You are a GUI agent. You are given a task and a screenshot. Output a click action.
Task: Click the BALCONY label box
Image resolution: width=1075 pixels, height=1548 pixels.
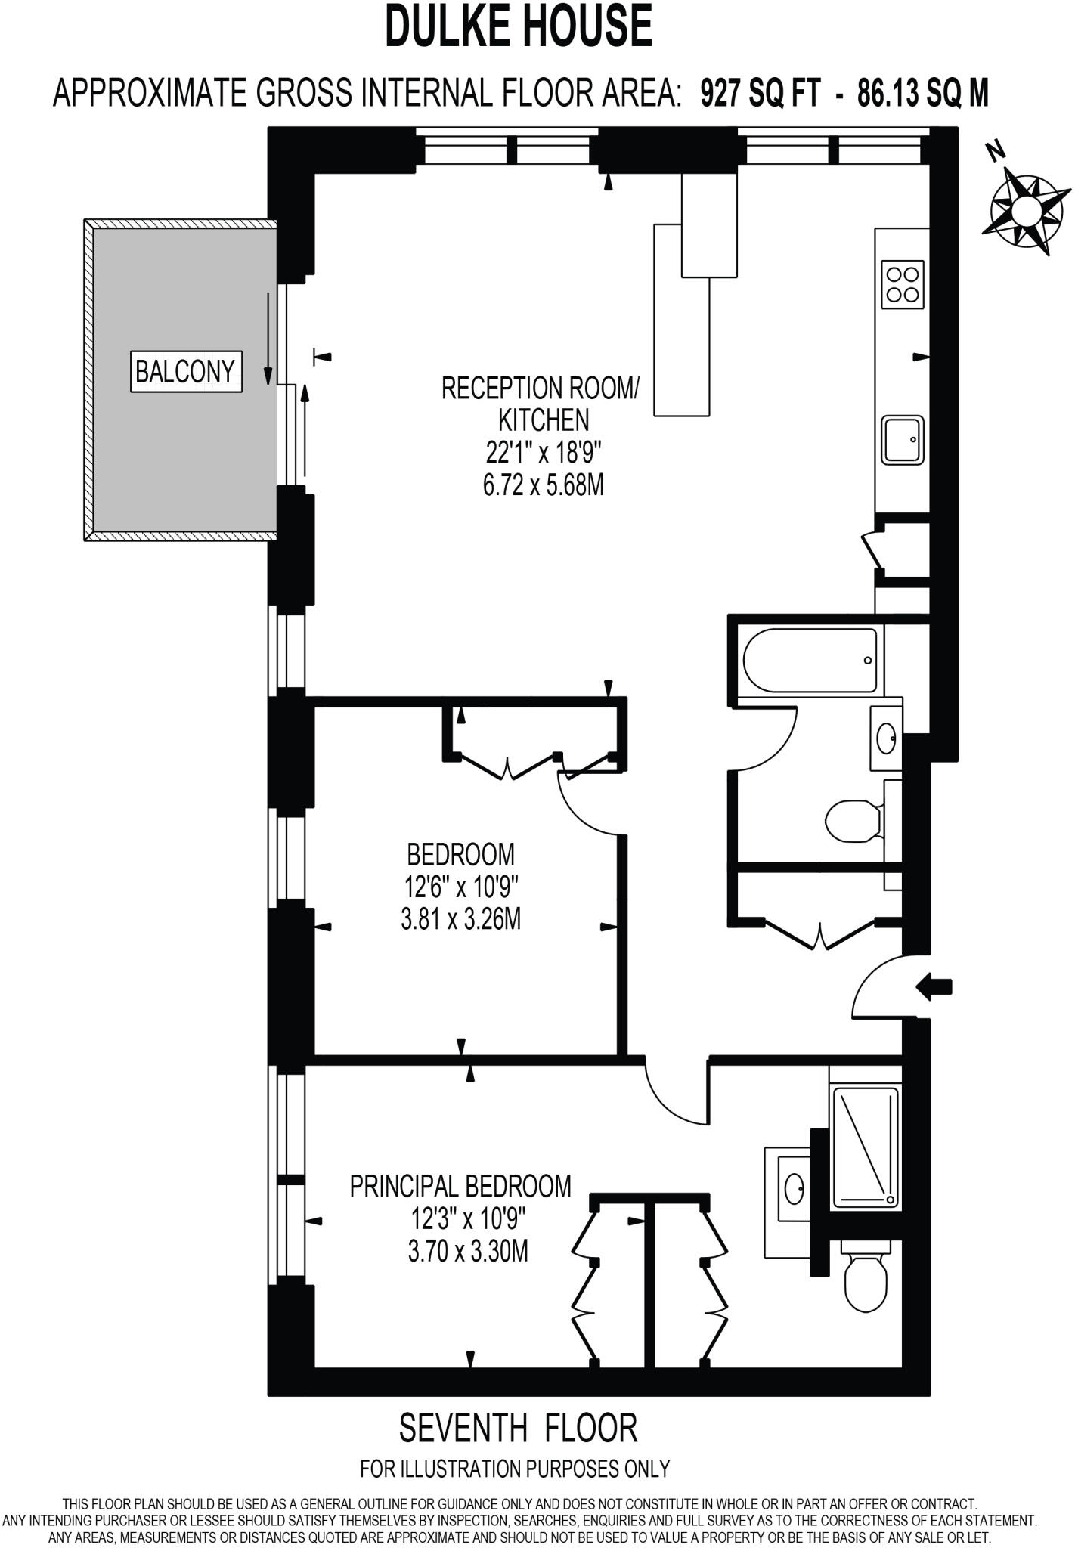[186, 371]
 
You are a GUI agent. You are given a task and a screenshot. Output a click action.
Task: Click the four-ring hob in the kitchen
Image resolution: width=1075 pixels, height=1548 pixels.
[903, 284]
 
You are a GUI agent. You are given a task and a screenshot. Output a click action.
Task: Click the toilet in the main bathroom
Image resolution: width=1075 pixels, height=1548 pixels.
[855, 820]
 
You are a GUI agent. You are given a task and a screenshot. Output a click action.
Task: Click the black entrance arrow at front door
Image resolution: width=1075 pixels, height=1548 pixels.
[934, 986]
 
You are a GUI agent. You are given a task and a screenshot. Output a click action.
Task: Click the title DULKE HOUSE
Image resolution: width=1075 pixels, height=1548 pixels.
[519, 26]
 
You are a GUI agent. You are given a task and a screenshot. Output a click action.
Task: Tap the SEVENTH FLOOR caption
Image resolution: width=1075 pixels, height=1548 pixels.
[519, 1428]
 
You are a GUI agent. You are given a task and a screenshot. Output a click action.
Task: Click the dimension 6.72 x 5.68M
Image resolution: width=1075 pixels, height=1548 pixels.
[543, 485]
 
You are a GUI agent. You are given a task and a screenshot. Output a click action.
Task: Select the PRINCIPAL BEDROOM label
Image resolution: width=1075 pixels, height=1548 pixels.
[460, 1186]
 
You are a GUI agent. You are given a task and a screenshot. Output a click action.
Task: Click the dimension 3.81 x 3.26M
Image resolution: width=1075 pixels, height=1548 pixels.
[460, 920]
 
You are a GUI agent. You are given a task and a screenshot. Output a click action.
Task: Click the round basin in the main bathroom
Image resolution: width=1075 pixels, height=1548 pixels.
[886, 736]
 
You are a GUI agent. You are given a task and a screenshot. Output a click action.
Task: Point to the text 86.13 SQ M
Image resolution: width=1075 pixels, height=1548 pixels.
[923, 94]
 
